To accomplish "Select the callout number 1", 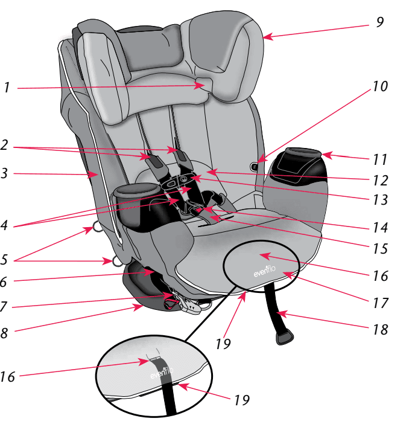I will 6,88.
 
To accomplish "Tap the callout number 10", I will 379,86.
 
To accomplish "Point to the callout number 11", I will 379,161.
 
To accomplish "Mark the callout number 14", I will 379,228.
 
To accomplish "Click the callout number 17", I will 380,302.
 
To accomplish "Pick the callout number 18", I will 380,330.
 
